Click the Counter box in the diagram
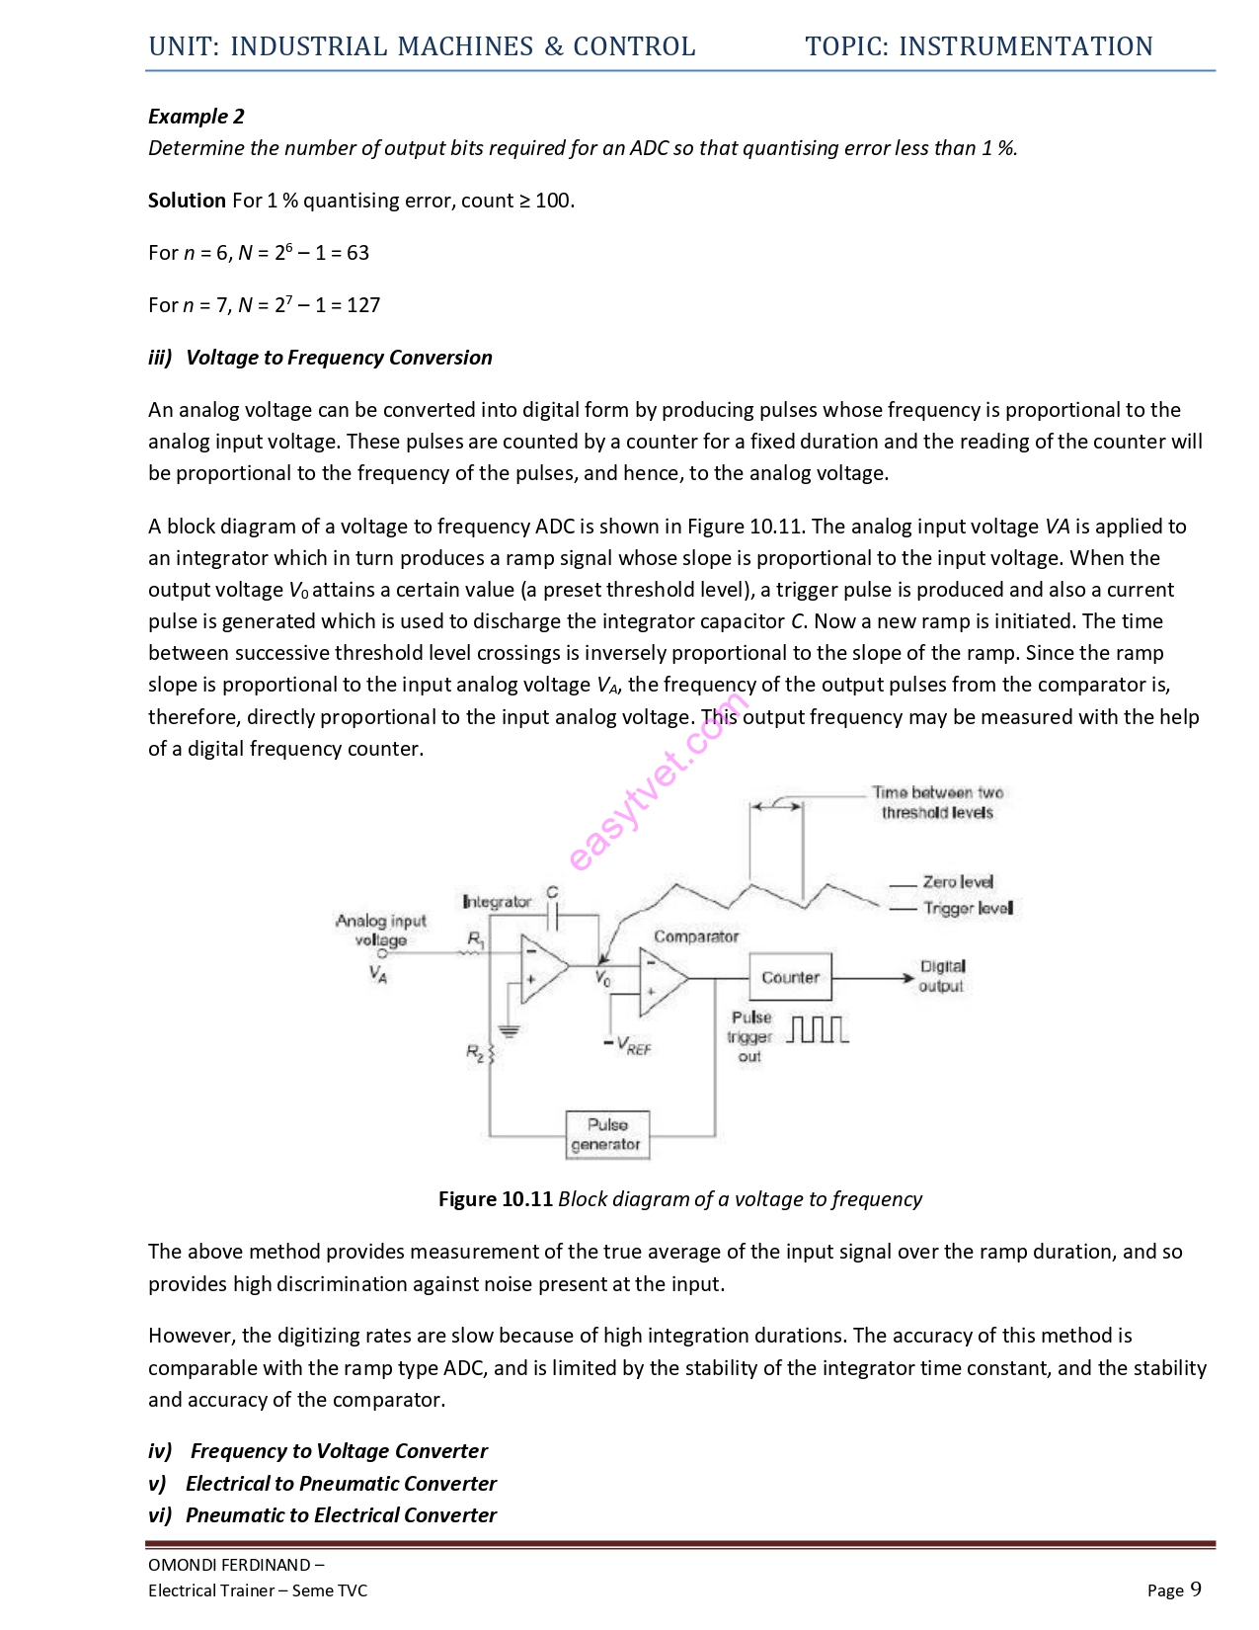tap(790, 977)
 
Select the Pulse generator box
tap(607, 1135)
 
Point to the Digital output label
tap(941, 976)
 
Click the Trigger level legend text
tap(967, 908)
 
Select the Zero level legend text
tap(957, 881)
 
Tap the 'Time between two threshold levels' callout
tap(937, 802)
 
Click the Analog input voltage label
tap(380, 930)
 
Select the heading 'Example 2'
tap(196, 117)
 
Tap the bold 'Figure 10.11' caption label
tap(495, 1199)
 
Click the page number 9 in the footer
tap(1195, 1589)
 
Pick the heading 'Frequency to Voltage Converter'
tap(339, 1451)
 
